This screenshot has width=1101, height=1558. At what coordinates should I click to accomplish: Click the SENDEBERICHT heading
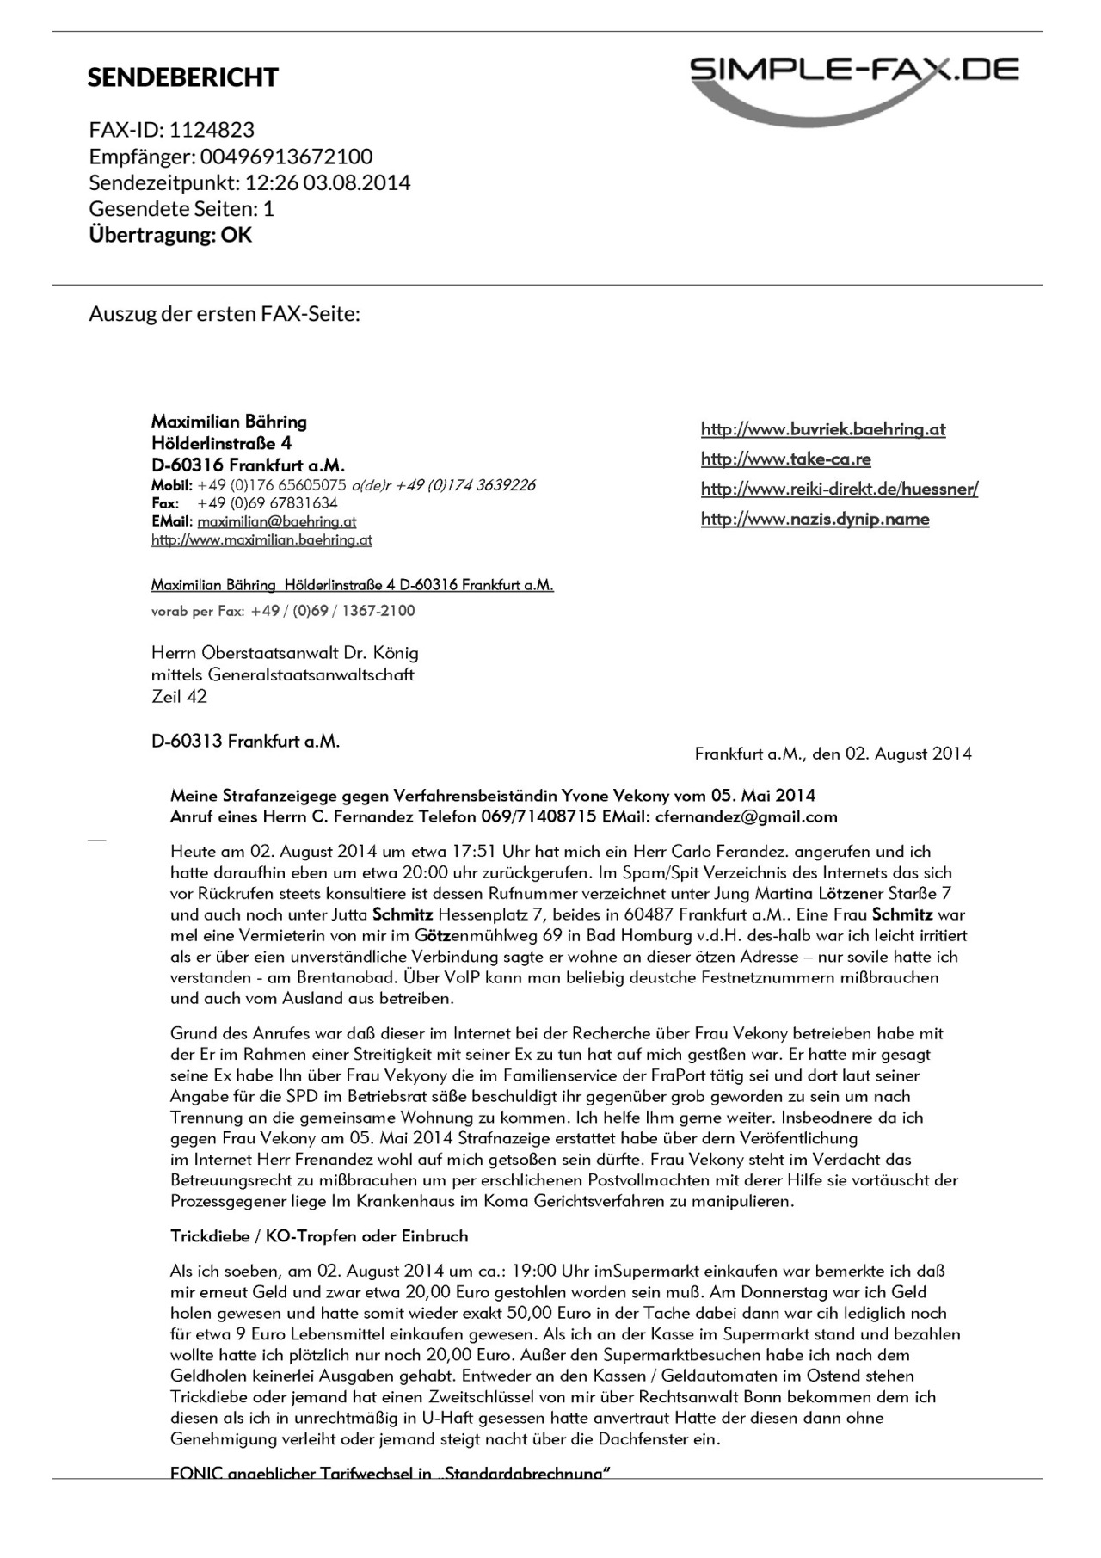pos(182,77)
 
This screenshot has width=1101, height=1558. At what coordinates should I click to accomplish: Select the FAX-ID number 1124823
pos(212,130)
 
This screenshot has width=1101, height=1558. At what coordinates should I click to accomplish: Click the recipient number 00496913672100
pos(286,157)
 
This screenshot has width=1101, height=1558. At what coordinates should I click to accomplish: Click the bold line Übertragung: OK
pos(170,235)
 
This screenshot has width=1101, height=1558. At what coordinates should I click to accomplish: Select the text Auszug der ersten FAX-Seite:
pos(225,314)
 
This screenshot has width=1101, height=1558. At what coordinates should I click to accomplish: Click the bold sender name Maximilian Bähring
pos(229,422)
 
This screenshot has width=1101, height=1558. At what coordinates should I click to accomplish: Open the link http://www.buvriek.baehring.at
pos(823,429)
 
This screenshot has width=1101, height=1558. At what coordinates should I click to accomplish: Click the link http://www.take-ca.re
pos(785,459)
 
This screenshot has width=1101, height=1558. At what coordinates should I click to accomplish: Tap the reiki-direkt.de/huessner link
pos(840,490)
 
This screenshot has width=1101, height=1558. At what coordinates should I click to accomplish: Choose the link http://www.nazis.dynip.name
pos(815,519)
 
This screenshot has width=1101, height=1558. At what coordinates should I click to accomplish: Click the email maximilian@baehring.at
pos(276,521)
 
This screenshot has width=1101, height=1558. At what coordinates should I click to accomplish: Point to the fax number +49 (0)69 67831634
pos(268,503)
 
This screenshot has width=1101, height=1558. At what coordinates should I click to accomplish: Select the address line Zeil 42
pos(179,697)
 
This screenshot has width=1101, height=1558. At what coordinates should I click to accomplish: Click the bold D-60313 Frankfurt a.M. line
pos(245,741)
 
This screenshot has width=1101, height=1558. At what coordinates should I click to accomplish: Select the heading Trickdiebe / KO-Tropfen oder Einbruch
pos(319,1236)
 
